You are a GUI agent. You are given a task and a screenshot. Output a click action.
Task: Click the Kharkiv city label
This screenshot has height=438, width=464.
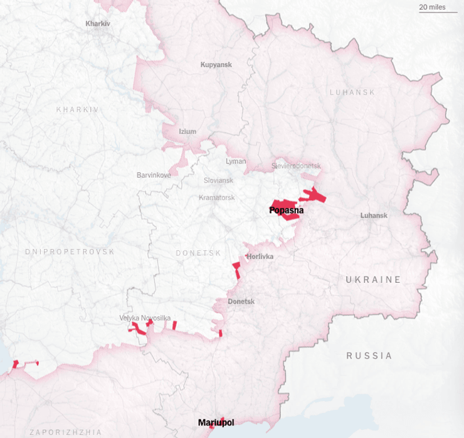(x=98, y=24)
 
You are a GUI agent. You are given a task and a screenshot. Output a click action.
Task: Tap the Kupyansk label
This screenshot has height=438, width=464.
(x=216, y=64)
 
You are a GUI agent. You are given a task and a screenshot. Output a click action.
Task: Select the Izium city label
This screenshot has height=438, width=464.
(x=187, y=131)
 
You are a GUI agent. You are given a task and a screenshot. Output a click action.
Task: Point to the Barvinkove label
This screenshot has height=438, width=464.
(x=154, y=175)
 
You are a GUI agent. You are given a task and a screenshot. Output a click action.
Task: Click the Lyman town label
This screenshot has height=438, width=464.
(x=236, y=161)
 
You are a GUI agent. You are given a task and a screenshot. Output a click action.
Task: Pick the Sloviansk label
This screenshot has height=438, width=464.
(x=218, y=180)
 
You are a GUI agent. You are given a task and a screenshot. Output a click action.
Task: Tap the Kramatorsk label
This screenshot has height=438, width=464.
(x=216, y=198)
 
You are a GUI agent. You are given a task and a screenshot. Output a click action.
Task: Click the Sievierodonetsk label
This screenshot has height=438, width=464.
(x=296, y=166)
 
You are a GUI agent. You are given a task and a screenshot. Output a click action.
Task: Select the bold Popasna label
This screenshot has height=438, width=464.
(x=287, y=210)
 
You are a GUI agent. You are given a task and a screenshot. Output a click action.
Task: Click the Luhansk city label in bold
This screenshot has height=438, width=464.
(x=374, y=216)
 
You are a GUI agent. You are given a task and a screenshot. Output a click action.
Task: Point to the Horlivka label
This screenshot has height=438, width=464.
(x=260, y=257)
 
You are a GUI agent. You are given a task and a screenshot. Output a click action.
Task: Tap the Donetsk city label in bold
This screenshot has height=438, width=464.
(x=241, y=302)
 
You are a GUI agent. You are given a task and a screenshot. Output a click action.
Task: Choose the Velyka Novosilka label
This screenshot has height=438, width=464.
(x=145, y=318)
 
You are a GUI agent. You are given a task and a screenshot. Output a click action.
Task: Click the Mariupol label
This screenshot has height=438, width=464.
(x=216, y=423)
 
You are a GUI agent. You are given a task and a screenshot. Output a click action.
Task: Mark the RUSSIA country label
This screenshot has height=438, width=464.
(x=369, y=355)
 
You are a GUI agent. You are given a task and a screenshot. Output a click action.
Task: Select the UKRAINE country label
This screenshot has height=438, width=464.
(x=373, y=280)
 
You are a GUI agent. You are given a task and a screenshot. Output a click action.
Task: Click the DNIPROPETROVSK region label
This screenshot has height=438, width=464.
(x=70, y=252)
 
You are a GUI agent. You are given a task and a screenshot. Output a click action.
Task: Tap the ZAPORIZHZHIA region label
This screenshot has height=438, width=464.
(x=65, y=432)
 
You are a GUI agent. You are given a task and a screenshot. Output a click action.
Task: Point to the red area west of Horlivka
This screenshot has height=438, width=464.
(x=236, y=271)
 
